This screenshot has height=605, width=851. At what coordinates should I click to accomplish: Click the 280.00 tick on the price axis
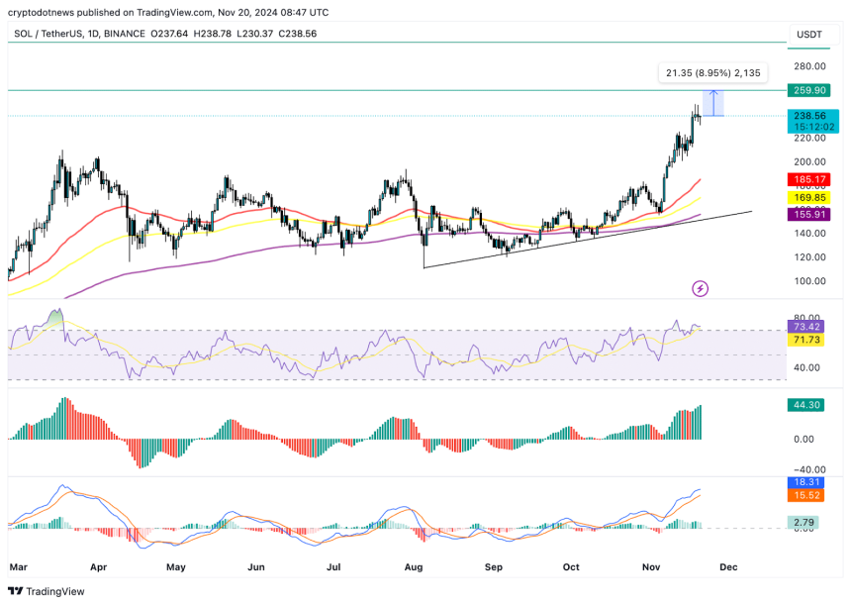[x=809, y=66]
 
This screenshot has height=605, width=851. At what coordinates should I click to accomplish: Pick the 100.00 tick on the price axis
[x=809, y=281]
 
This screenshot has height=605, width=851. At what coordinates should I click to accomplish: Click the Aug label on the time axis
[x=414, y=567]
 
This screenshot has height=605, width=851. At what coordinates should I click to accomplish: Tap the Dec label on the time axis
[x=728, y=567]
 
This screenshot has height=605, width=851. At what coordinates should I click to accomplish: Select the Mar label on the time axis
[x=18, y=567]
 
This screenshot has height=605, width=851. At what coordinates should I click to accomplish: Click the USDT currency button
[x=809, y=34]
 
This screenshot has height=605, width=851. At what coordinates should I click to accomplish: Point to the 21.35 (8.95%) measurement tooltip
[x=712, y=72]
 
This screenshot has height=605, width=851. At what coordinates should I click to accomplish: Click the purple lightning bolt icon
[x=701, y=288]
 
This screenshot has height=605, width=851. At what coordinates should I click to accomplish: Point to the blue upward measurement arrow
[x=713, y=103]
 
